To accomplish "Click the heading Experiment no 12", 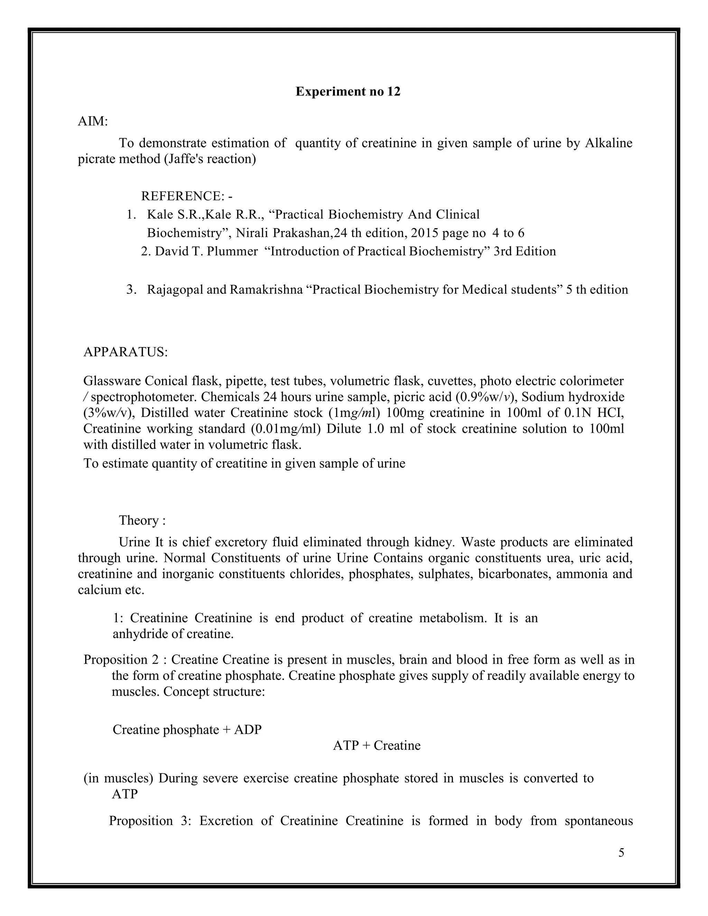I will click(348, 92).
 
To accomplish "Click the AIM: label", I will click(93, 122).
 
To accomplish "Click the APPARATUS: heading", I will click(125, 352).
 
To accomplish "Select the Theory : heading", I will click(142, 521).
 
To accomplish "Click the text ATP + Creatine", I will click(376, 745).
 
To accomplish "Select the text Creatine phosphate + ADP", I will click(187, 729).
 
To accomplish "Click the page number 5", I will click(621, 853).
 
